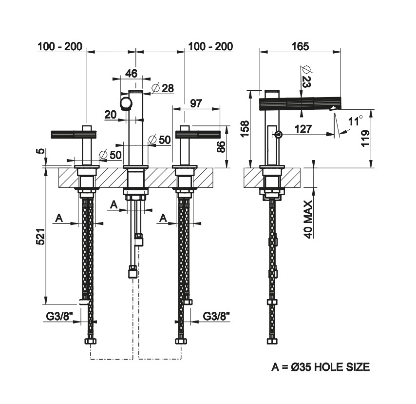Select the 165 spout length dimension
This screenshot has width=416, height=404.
(x=300, y=46)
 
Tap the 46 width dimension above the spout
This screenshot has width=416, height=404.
(x=131, y=73)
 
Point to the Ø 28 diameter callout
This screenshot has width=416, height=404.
(x=162, y=88)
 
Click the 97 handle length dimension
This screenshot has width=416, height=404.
(x=196, y=103)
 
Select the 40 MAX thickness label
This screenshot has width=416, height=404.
(x=307, y=218)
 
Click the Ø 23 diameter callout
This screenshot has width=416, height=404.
(x=305, y=76)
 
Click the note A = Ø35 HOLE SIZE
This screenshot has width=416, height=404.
(x=320, y=366)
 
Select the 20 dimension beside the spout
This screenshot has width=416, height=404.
(x=111, y=115)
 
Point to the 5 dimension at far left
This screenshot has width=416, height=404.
(x=42, y=152)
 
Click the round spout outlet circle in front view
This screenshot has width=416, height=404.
(x=126, y=103)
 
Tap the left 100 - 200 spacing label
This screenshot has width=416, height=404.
(x=59, y=46)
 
